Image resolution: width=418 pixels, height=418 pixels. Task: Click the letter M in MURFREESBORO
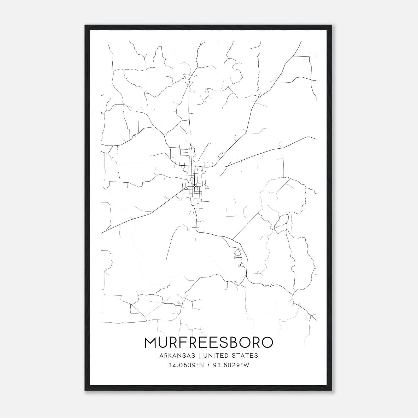[x=150, y=342]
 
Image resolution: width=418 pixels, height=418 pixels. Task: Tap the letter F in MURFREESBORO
[x=187, y=342]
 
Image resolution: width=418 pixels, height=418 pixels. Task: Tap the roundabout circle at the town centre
[x=195, y=186]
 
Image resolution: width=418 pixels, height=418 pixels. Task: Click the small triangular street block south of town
[x=193, y=212]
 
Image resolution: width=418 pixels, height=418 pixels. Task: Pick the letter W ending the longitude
[x=247, y=365]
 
